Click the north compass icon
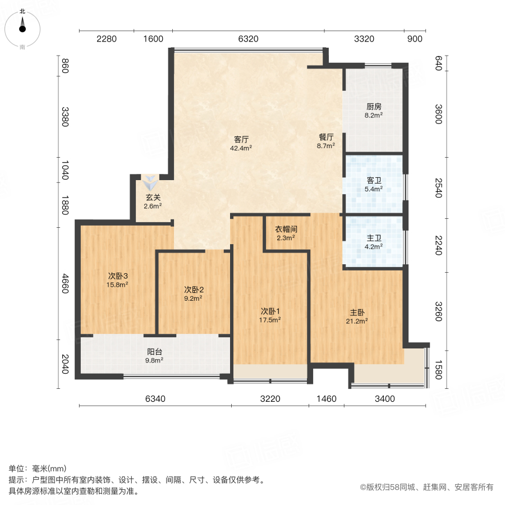click(x=22, y=25)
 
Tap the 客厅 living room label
click(x=241, y=139)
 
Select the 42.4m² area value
click(x=241, y=148)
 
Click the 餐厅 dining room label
click(x=326, y=136)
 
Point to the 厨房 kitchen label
click(x=374, y=106)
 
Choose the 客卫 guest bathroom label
click(x=374, y=180)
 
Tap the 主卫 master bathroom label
click(x=374, y=237)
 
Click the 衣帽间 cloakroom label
click(x=286, y=229)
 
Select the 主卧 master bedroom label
click(x=357, y=312)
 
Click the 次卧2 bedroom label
click(x=194, y=290)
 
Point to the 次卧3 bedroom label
click(x=118, y=276)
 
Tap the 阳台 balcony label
click(x=155, y=351)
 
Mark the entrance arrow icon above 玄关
click(x=150, y=182)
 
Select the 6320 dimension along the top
click(x=248, y=39)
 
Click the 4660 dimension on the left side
click(x=65, y=283)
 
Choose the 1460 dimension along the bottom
click(x=327, y=399)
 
